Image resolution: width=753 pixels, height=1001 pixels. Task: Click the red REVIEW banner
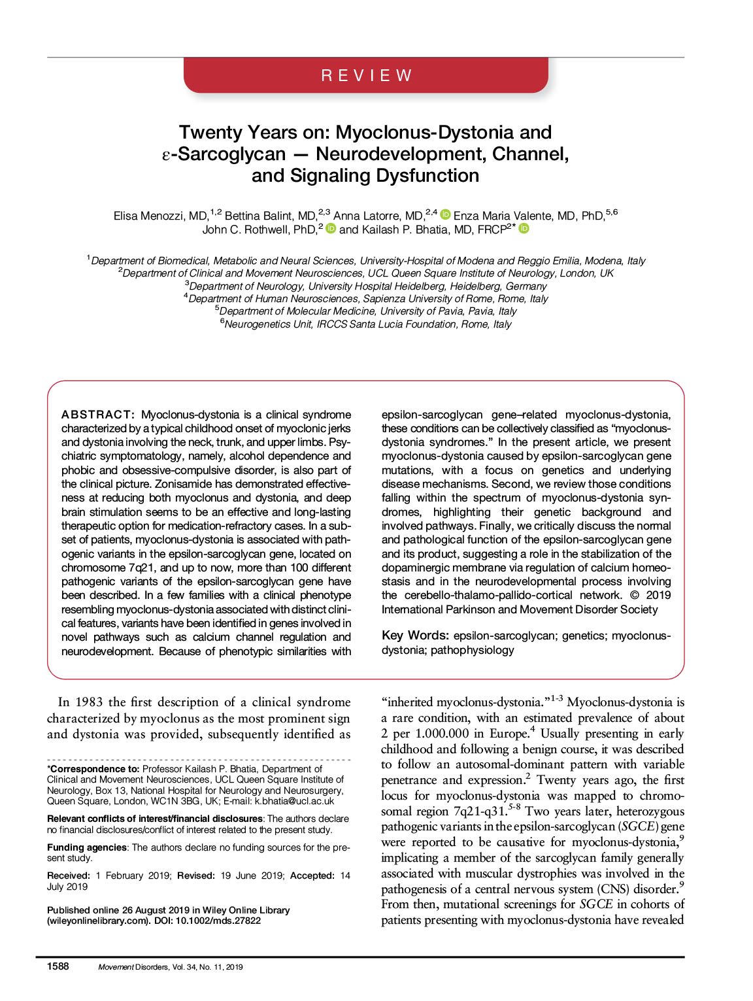(366, 75)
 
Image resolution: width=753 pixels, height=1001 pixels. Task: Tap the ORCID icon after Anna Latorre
(446, 214)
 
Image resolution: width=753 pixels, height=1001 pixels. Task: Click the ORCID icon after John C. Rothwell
(331, 228)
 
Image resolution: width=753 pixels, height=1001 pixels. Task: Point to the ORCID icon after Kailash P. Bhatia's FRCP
(524, 228)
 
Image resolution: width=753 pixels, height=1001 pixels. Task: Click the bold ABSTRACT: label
(98, 415)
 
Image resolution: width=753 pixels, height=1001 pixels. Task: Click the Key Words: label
(415, 636)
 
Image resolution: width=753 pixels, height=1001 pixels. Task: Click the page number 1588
(58, 966)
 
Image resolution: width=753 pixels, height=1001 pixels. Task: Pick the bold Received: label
(69, 875)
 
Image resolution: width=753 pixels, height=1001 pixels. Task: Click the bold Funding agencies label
(87, 847)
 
